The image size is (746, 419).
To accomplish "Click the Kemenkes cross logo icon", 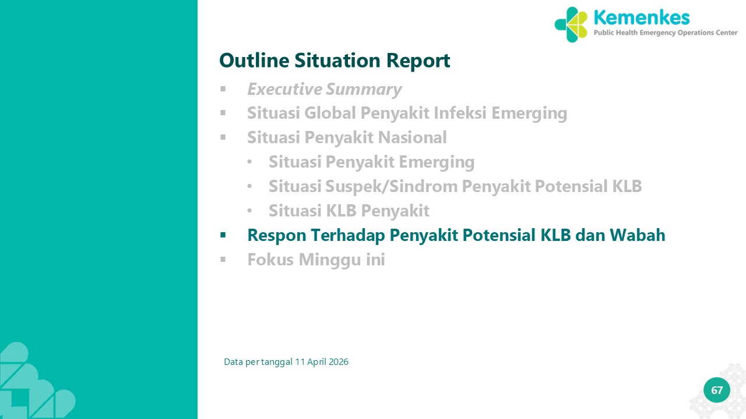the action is (x=571, y=24).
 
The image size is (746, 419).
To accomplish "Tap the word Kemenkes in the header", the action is (x=642, y=17).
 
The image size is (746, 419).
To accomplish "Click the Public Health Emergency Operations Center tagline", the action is (x=666, y=33).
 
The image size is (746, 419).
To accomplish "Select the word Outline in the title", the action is (x=254, y=60).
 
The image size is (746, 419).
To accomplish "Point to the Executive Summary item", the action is (x=325, y=89).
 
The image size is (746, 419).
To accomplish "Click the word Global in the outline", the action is (x=330, y=113).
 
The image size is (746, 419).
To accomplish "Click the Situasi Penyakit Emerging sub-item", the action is (x=372, y=162).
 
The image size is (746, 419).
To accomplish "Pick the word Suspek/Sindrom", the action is (x=391, y=186).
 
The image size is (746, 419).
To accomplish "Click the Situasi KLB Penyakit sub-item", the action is (x=349, y=211).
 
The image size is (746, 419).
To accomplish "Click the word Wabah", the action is (x=638, y=235).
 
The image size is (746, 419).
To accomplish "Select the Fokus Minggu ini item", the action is (x=316, y=260).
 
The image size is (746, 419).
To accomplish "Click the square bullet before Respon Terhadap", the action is (x=223, y=236).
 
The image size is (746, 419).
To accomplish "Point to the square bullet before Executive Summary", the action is (x=223, y=89).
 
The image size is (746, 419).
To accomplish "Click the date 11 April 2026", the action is (x=322, y=362).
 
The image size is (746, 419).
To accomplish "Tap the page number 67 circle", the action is (x=717, y=390).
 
